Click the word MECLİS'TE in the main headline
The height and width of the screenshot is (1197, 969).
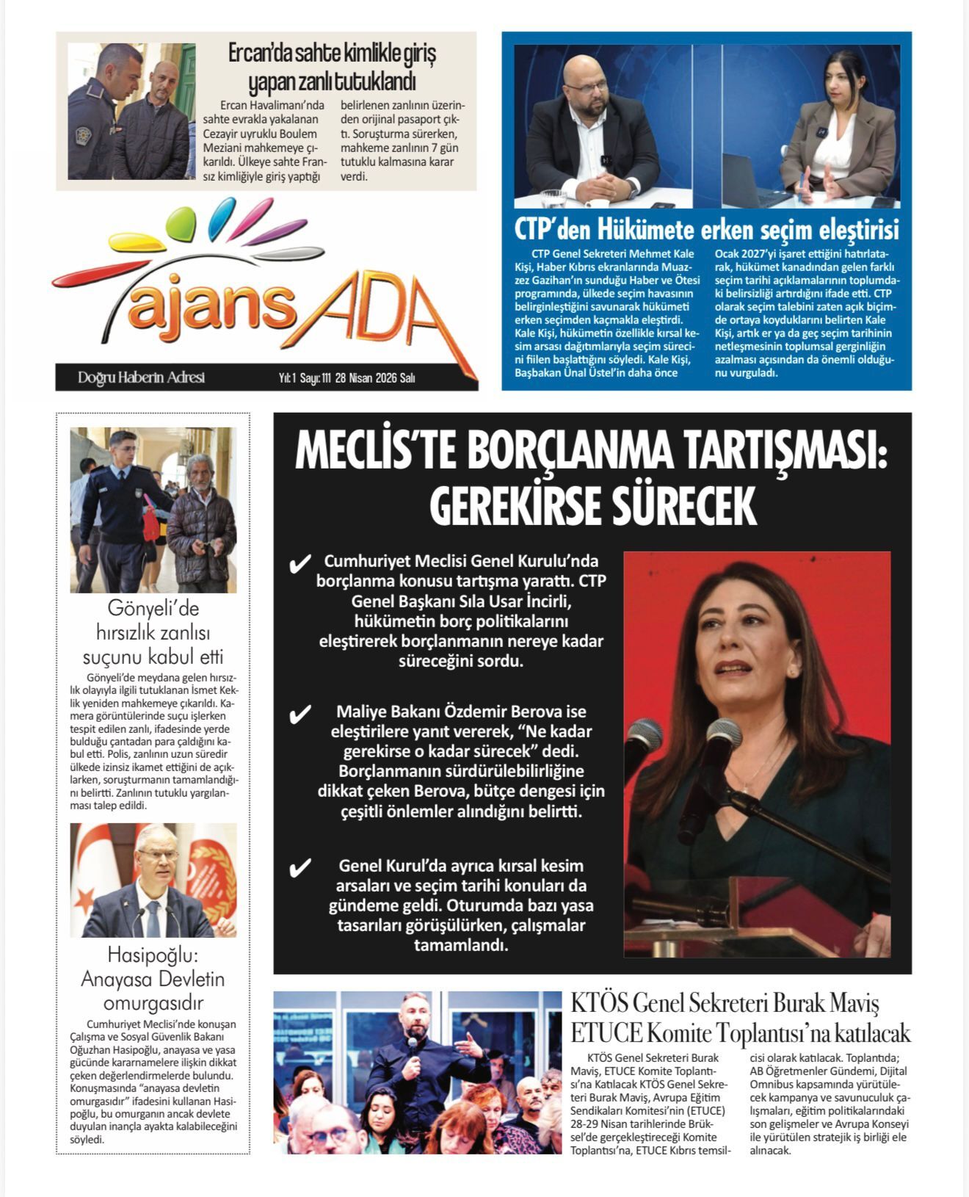[374, 452]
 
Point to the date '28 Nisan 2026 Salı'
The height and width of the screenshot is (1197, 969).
[374, 378]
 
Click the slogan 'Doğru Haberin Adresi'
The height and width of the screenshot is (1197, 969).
[141, 377]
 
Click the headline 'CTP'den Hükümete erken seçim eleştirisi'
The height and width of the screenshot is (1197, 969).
[706, 230]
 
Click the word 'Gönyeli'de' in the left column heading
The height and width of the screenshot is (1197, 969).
[153, 609]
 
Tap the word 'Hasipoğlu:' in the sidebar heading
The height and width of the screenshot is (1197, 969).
[153, 955]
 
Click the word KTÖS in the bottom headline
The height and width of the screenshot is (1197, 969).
[598, 1003]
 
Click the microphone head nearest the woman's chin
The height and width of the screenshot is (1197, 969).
[723, 734]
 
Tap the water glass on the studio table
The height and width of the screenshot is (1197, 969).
[552, 199]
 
